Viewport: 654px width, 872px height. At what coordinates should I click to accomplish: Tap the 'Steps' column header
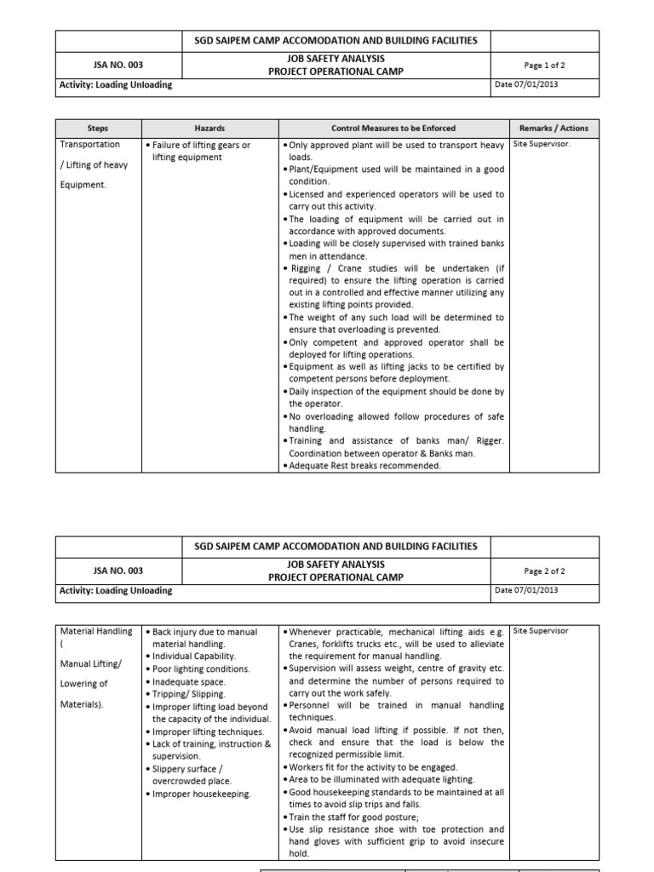pos(98,128)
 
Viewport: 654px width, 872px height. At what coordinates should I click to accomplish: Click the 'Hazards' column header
pos(209,128)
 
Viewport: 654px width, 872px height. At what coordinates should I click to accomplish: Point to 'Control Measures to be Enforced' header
pos(393,128)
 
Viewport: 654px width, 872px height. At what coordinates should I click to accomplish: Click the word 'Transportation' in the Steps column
pos(90,145)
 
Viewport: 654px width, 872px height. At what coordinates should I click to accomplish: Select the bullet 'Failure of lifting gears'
pos(201,146)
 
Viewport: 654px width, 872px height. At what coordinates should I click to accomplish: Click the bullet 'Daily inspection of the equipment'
pos(396,392)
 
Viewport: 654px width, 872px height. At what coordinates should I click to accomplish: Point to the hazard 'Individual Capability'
pos(193,657)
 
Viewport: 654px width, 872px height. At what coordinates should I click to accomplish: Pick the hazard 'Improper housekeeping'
pos(201,794)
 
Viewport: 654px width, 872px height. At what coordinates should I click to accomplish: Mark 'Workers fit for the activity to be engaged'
pos(373,766)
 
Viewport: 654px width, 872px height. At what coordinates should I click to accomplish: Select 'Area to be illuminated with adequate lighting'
pos(381,779)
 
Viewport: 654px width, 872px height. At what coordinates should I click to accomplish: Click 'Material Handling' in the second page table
pos(96,631)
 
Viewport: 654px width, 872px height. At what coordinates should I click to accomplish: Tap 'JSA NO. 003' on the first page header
pos(118,65)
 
